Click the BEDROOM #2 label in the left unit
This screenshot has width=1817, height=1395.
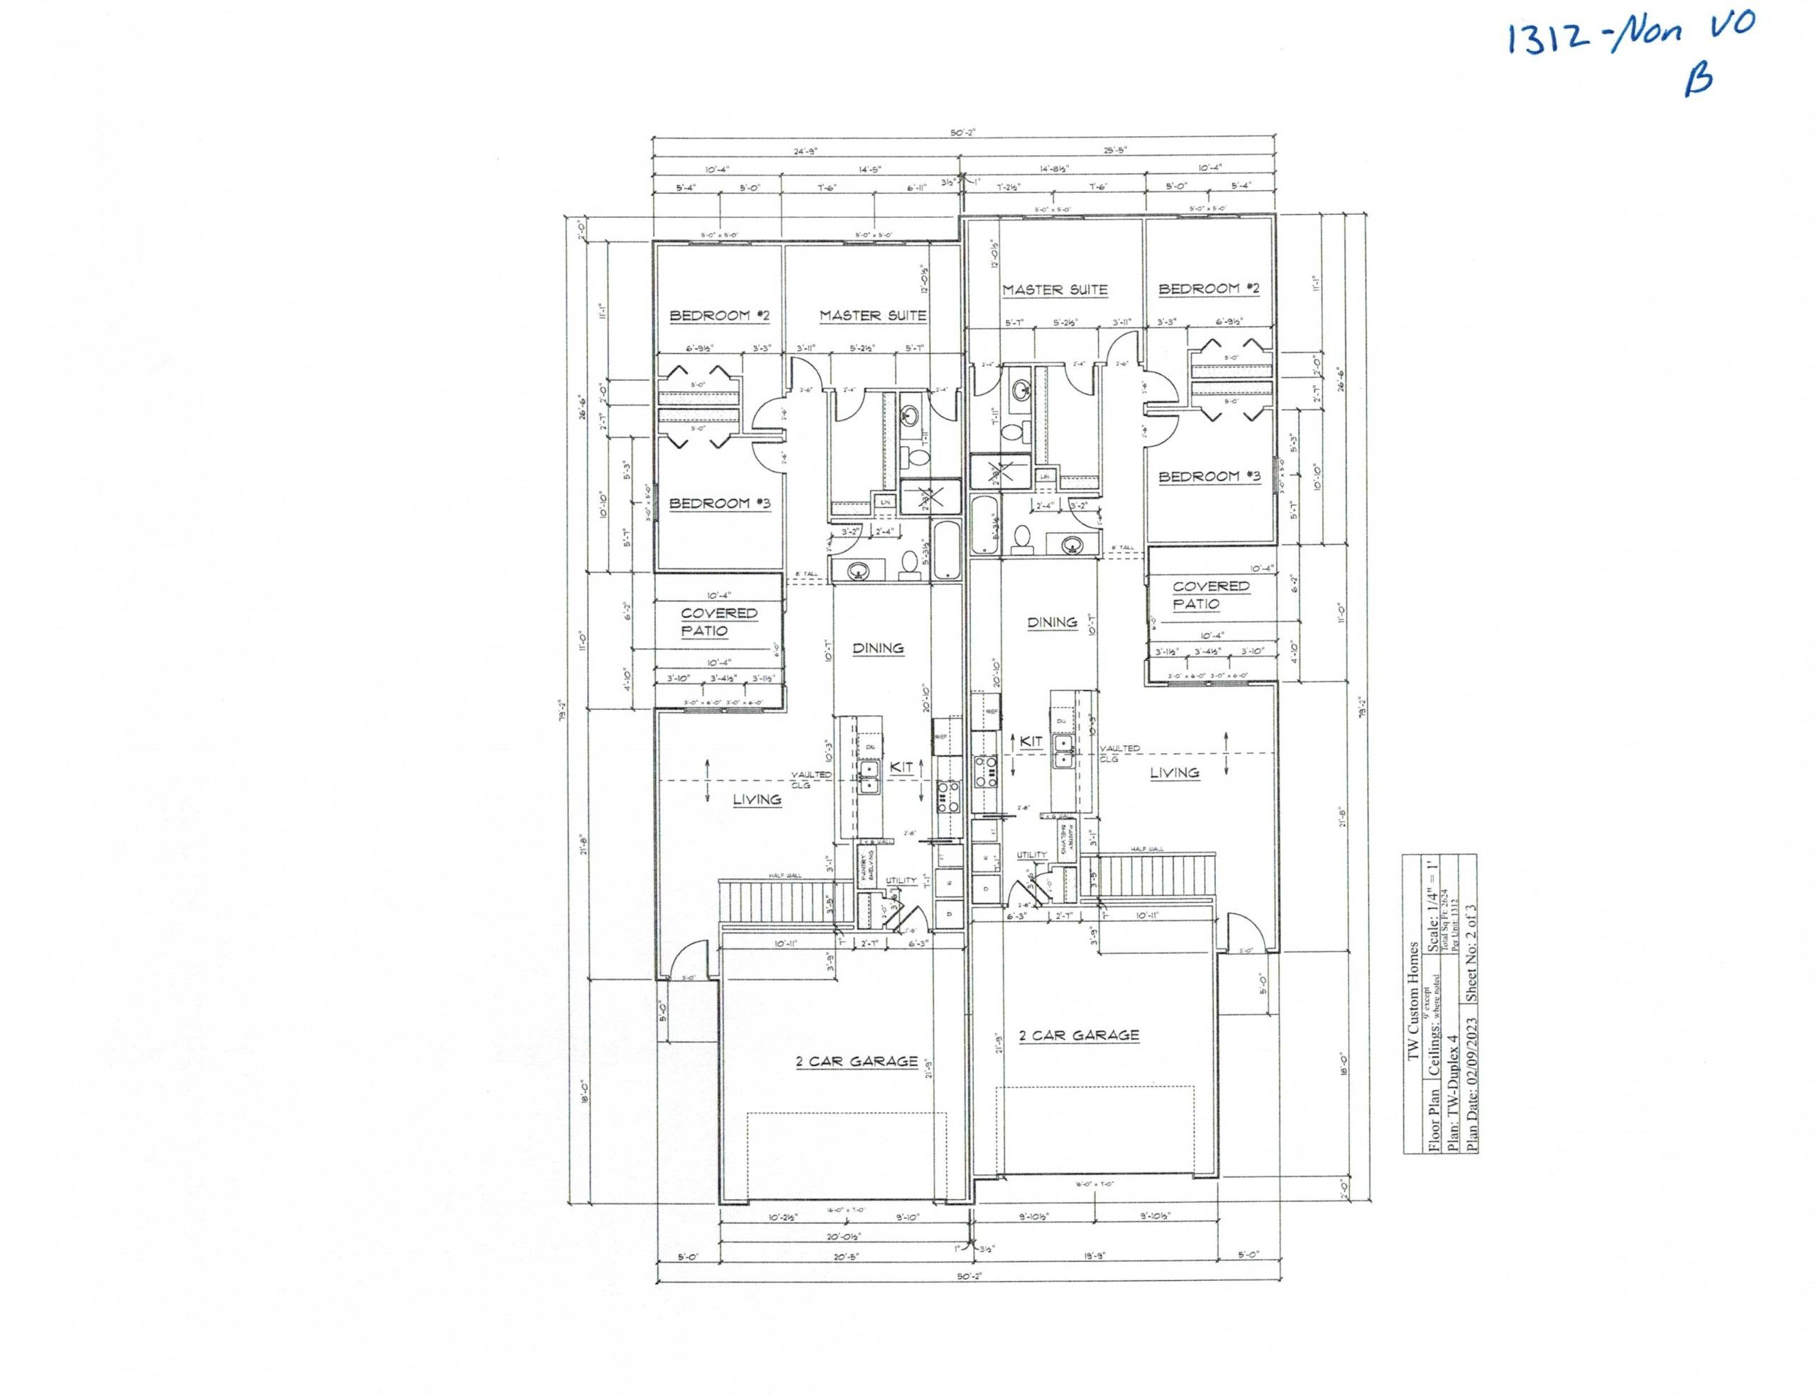coord(720,316)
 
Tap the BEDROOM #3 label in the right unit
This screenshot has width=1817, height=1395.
coord(1209,477)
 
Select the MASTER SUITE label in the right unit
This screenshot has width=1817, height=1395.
coord(1054,290)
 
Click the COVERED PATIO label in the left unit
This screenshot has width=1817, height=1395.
coord(719,622)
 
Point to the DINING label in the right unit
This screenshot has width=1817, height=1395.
coord(1052,622)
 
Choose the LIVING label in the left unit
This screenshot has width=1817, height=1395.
coord(756,800)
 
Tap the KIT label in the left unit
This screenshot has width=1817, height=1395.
coord(901,768)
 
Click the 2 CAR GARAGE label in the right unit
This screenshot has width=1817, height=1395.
coord(1078,1035)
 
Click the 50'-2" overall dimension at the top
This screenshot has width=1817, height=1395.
coord(963,132)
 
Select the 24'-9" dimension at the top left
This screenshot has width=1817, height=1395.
coord(806,151)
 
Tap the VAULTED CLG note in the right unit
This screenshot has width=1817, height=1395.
coord(1119,753)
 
